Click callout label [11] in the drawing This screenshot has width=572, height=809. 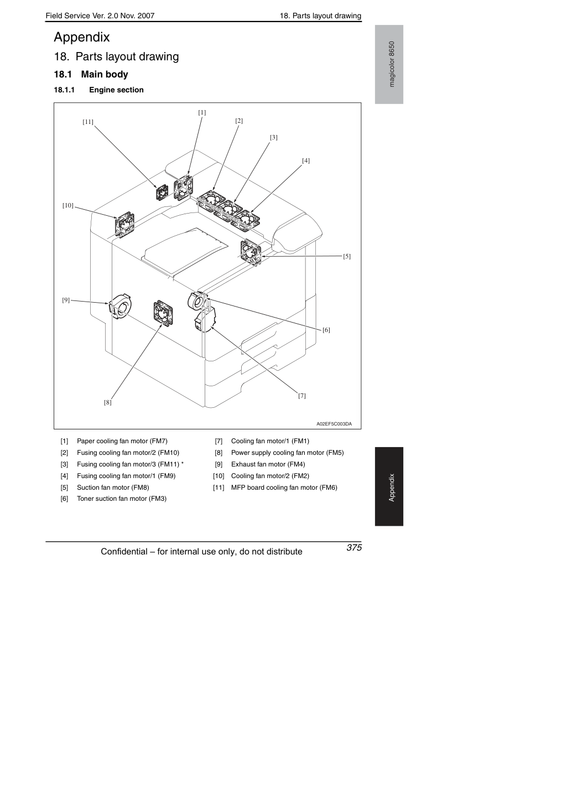coord(88,122)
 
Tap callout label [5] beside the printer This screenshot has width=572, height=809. coord(347,256)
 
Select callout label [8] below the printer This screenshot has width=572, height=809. coord(108,402)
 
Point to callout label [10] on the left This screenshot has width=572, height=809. coord(68,205)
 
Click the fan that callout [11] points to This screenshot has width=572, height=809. coord(162,192)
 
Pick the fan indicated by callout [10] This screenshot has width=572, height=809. coord(124,224)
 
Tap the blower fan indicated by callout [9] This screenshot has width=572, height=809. coord(121,307)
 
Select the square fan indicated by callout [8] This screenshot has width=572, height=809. coord(163,314)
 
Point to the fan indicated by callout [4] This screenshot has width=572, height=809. coord(245,220)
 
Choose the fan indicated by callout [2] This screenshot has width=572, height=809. coord(211,200)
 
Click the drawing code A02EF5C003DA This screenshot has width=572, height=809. coord(334,424)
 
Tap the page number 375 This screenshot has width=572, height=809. coord(354,547)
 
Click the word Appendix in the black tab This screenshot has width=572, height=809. coord(392,488)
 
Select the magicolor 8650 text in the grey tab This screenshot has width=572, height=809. coord(392,64)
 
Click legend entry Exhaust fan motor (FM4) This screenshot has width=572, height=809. coord(268,464)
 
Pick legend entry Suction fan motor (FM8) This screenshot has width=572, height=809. coord(113,487)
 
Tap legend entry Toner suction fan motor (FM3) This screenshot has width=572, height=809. coord(122,499)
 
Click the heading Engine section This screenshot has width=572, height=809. coord(116,90)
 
